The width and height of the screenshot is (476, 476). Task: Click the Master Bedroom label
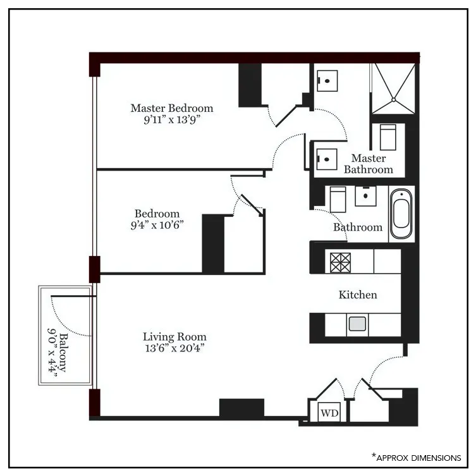point(171,108)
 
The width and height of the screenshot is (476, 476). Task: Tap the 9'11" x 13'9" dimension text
point(172,119)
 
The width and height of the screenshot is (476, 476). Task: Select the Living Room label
point(174,337)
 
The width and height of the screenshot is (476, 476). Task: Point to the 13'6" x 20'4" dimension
point(174,348)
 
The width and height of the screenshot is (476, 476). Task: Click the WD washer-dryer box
point(329,413)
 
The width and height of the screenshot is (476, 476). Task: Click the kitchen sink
point(357,324)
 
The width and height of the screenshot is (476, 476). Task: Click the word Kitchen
point(358,295)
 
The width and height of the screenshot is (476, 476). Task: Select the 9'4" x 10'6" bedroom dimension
point(157,225)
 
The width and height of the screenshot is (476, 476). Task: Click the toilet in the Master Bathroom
point(388,135)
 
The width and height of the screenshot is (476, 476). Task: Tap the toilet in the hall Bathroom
point(337,199)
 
